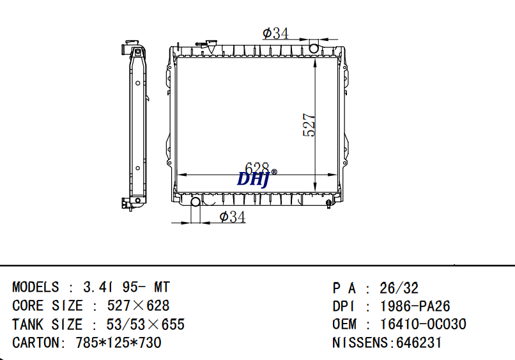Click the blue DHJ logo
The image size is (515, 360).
(x=253, y=180)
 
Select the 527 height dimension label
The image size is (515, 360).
(x=309, y=125)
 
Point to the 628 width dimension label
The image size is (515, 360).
(x=257, y=168)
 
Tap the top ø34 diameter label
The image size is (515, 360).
(x=275, y=33)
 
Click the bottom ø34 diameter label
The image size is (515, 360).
(x=232, y=217)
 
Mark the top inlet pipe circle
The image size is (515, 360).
(x=314, y=49)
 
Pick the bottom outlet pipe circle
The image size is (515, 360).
(x=196, y=201)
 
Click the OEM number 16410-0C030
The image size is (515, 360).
(x=423, y=324)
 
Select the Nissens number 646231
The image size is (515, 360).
(x=419, y=343)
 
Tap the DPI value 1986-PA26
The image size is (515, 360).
(x=415, y=306)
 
